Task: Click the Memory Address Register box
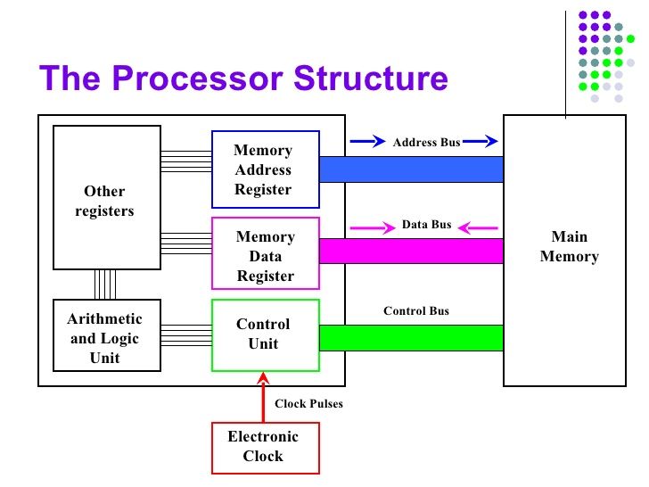tap(264, 169)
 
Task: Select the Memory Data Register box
tap(265, 256)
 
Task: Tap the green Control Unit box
tap(265, 334)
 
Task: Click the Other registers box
tap(105, 198)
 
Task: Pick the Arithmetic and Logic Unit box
tap(105, 338)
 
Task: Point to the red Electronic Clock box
tap(264, 446)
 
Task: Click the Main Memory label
tap(569, 246)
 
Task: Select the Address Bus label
tap(426, 142)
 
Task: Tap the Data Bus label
tap(426, 225)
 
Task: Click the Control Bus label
tap(416, 311)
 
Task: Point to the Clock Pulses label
tap(308, 404)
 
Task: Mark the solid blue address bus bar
tap(411, 169)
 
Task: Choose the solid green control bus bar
tap(411, 338)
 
